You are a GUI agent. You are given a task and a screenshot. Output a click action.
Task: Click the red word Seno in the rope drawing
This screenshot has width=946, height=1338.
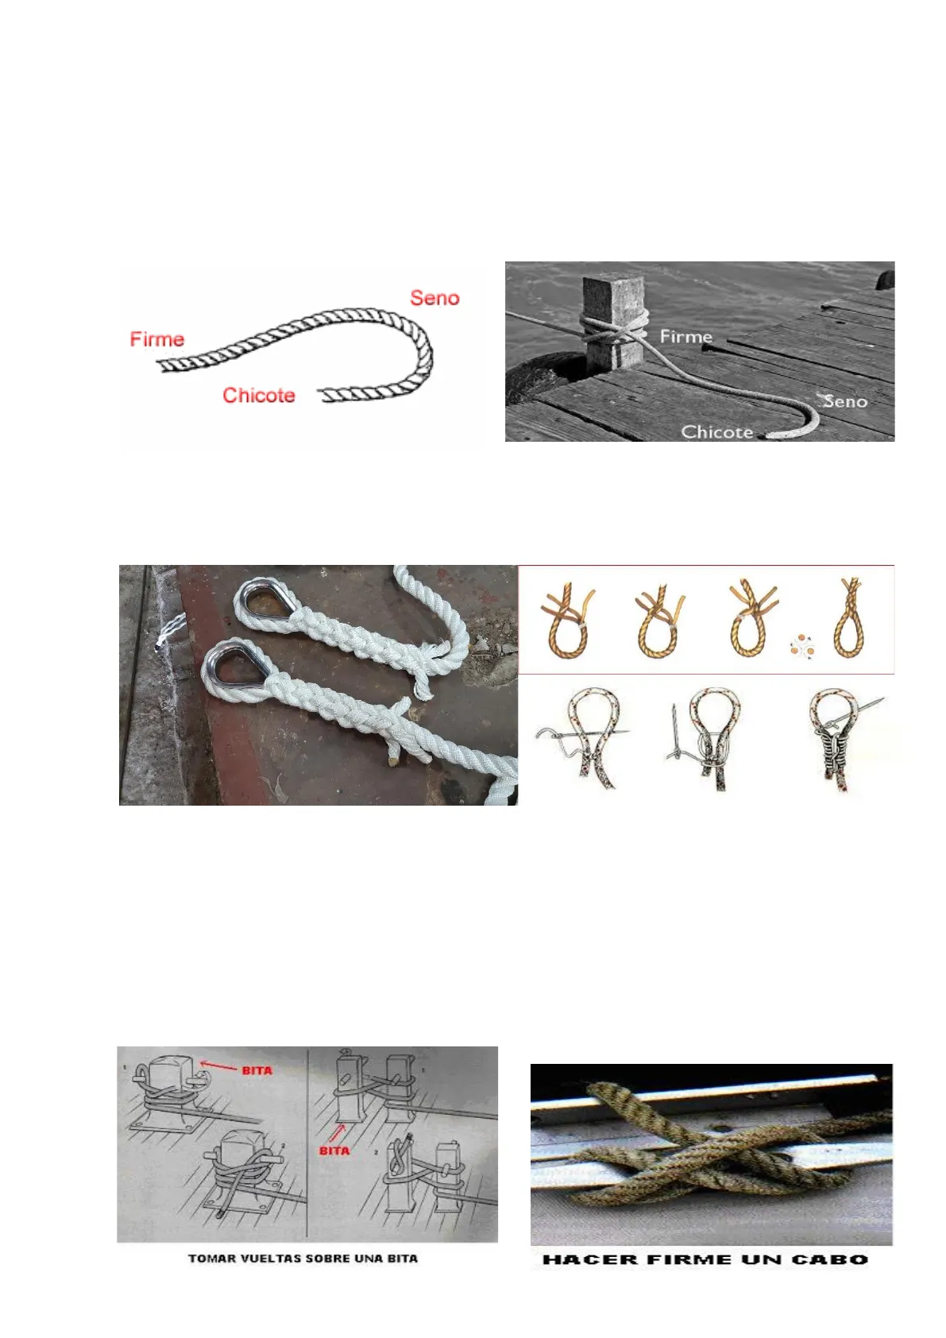[434, 297]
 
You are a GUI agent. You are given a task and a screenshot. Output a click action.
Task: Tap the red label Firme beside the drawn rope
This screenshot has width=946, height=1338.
[157, 339]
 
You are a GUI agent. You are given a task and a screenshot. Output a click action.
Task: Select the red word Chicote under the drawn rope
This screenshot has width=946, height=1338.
[259, 395]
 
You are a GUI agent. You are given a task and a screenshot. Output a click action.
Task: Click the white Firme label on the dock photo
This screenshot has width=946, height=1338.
[685, 337]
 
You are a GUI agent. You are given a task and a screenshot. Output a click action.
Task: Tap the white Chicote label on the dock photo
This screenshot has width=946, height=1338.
[716, 431]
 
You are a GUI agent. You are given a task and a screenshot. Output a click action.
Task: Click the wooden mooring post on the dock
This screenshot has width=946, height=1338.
[612, 320]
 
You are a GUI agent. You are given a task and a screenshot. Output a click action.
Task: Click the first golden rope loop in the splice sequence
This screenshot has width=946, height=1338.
[567, 622]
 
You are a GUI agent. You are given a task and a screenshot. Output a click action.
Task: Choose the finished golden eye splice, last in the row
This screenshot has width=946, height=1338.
[849, 617]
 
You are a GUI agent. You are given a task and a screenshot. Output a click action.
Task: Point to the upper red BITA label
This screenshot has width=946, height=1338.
[257, 1070]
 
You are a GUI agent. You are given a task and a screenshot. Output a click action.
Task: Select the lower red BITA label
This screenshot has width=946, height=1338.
[334, 1150]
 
